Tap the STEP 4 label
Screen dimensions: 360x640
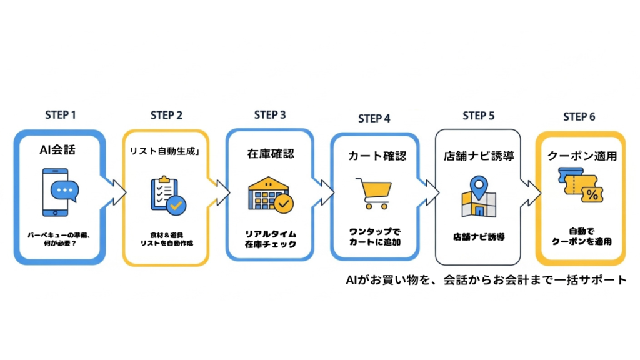[374, 119]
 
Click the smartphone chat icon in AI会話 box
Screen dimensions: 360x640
[59, 192]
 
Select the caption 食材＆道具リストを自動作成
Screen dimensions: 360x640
[166, 238]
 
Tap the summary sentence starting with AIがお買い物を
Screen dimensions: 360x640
[485, 279]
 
